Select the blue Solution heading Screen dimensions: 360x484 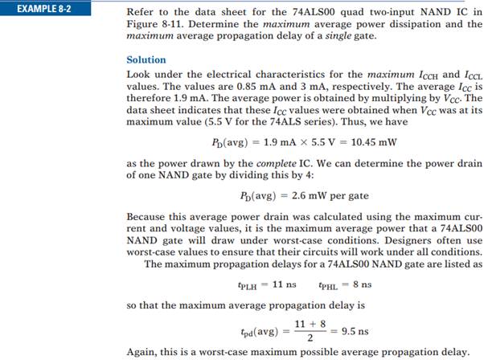[x=146, y=59]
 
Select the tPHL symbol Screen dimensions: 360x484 [x=329, y=285]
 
